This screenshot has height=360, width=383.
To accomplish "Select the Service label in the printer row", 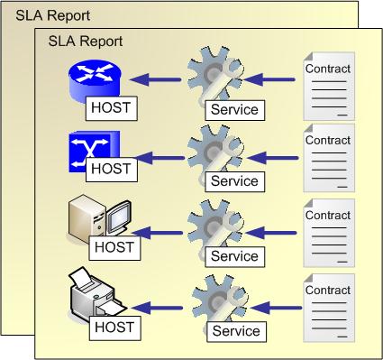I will point(235,332).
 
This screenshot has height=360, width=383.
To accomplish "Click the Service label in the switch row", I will point(233,181).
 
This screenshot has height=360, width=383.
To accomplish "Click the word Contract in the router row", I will point(329,69).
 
